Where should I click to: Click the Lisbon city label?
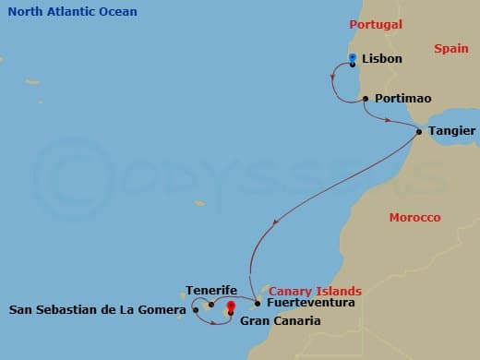tap(382, 59)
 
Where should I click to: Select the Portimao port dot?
tap(366, 99)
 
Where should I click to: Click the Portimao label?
tap(403, 98)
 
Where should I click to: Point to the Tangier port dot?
tap(419, 131)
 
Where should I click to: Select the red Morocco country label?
tap(414, 218)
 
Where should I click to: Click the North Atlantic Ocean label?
tap(72, 12)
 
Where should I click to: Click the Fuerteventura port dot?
tap(257, 303)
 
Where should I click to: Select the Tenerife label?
tap(210, 290)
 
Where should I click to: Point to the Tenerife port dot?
tap(211, 304)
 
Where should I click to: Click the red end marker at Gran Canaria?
tap(230, 306)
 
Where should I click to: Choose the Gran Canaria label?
tap(280, 321)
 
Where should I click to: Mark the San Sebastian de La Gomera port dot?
tap(196, 310)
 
